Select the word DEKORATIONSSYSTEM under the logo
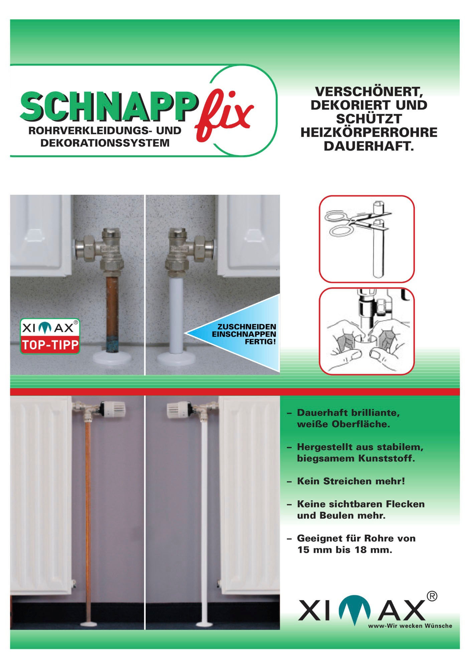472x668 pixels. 105,143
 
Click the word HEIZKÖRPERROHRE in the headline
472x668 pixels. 369,133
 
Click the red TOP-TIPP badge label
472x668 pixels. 50,344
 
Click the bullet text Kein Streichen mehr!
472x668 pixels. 351,481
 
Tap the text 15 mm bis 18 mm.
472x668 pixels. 345,550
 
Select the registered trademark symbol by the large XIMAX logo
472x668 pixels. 432,596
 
